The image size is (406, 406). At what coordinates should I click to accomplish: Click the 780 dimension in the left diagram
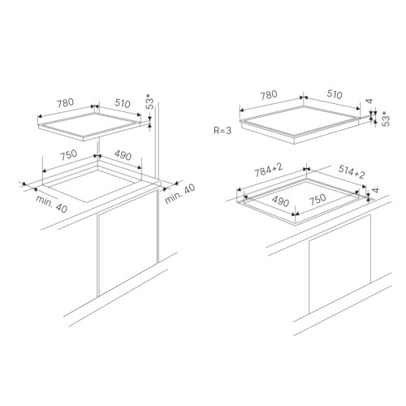[65, 103]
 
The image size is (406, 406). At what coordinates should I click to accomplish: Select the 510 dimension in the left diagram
[123, 103]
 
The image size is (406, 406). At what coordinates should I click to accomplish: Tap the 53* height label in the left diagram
[149, 101]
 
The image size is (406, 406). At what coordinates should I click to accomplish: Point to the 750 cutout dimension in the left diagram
[68, 155]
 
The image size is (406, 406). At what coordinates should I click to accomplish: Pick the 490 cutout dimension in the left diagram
[123, 155]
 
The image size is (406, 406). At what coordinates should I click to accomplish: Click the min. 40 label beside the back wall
[180, 193]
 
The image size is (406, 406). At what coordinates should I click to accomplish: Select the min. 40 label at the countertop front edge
[52, 204]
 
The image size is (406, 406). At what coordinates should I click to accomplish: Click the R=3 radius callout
[222, 131]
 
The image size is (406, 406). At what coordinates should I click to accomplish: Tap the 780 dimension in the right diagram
[269, 95]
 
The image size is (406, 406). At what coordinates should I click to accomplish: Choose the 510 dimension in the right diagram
[335, 94]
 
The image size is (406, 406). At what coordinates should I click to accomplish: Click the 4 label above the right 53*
[369, 101]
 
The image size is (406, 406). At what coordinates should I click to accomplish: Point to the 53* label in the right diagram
[386, 119]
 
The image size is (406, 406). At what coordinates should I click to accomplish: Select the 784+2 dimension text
[269, 170]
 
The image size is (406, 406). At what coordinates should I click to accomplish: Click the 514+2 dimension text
[352, 172]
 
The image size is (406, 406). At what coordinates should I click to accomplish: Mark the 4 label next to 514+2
[375, 190]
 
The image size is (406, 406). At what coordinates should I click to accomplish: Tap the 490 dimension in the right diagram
[281, 201]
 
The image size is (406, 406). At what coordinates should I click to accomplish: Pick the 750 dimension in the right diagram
[317, 199]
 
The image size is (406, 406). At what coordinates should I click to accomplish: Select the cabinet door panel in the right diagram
[339, 265]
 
